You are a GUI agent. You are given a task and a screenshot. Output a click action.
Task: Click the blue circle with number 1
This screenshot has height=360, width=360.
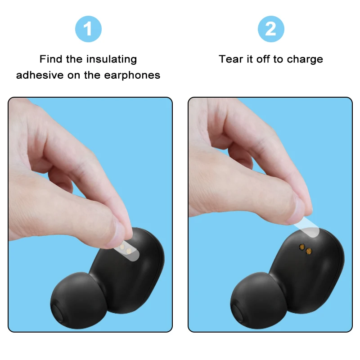click(x=88, y=29)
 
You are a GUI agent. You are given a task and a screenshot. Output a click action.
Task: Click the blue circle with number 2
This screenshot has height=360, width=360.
click(x=270, y=29)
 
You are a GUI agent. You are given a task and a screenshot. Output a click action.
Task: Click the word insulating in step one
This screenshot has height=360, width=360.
click(x=112, y=59)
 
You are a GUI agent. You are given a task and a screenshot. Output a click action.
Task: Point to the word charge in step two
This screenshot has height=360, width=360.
click(x=306, y=59)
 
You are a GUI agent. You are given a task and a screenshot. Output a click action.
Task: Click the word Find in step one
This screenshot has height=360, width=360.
click(x=50, y=59)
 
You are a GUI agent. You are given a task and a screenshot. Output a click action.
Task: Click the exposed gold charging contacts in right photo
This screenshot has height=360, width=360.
click(x=306, y=249)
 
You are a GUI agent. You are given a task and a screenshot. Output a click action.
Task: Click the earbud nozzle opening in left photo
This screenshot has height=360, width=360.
click(x=57, y=314)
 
